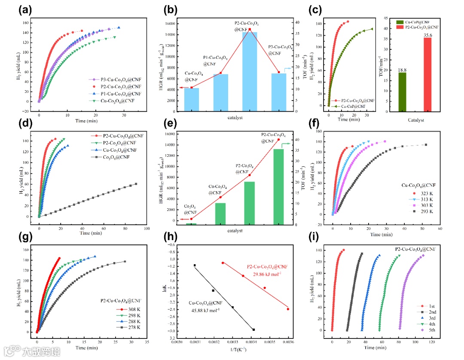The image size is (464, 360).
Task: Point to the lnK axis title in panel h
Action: [x=164, y=290]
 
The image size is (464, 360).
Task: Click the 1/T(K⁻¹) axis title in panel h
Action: [x=234, y=350]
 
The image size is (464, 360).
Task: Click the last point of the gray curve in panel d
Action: [x=136, y=184]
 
